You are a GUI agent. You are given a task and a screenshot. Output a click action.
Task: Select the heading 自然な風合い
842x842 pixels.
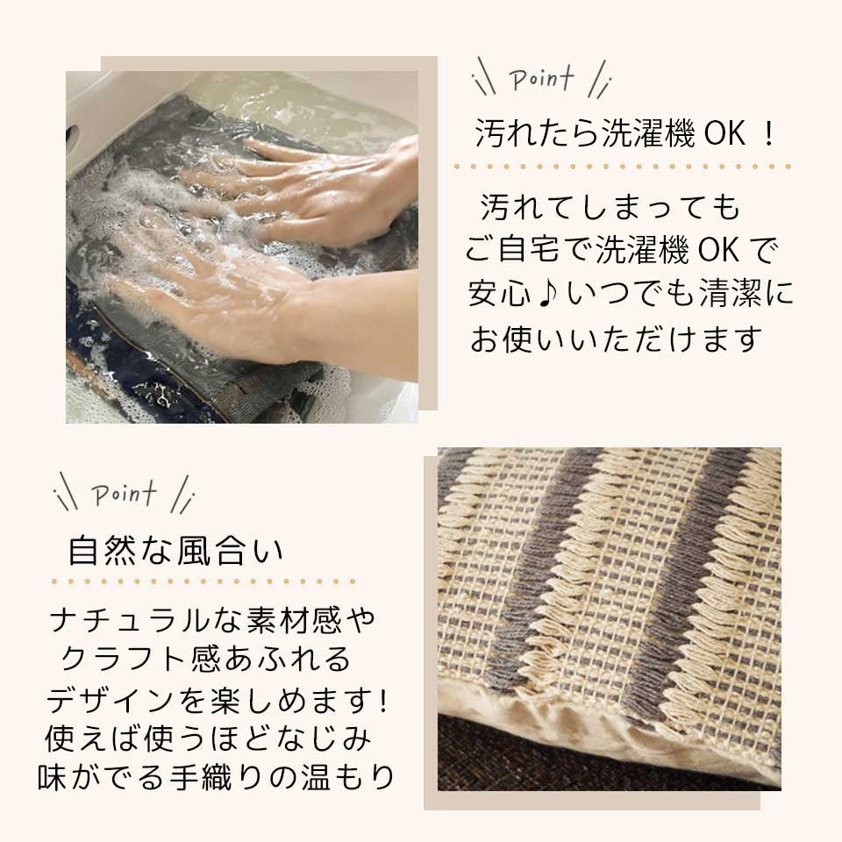(176, 551)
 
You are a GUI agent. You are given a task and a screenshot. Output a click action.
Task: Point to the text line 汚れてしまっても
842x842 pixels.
(611, 208)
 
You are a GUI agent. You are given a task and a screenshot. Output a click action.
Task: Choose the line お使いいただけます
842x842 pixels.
(614, 339)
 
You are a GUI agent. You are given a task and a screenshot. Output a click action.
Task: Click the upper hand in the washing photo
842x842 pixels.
(325, 180)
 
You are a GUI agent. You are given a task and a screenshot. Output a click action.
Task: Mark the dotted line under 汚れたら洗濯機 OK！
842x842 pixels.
(623, 166)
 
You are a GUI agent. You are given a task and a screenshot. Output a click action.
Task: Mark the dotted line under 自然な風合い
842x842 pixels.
(203, 581)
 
